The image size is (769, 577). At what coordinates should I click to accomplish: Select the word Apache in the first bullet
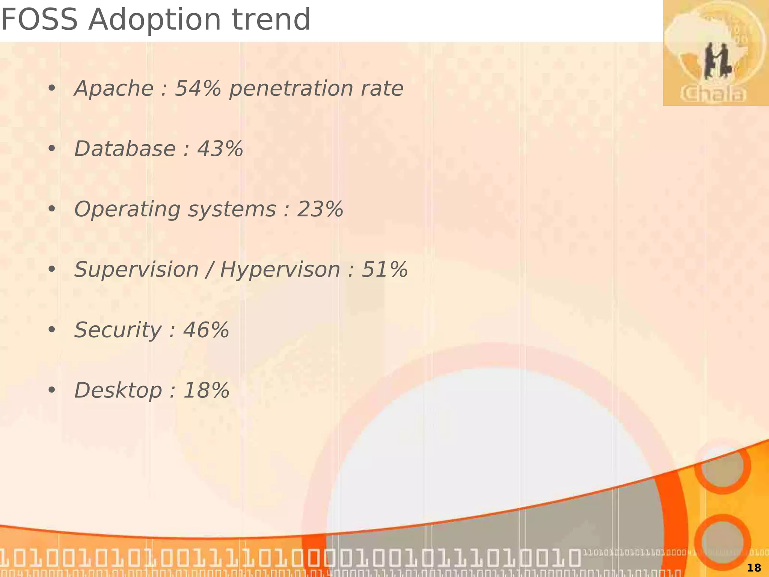(114, 89)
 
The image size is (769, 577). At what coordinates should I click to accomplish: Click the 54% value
(198, 89)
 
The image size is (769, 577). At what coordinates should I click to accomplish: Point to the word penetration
(291, 89)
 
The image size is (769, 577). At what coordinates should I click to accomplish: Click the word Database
(125, 149)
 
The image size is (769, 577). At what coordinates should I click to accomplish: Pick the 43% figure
(220, 149)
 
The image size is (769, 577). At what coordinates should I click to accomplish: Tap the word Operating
(127, 210)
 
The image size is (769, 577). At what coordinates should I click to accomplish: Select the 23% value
(320, 209)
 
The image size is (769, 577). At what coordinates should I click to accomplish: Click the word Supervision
(136, 270)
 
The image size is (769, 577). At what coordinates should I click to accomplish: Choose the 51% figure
(384, 270)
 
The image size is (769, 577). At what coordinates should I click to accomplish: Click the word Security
(118, 331)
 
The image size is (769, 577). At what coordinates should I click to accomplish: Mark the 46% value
(206, 330)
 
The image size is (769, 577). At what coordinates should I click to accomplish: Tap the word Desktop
(118, 391)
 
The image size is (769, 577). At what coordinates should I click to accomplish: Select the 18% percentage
(206, 391)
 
